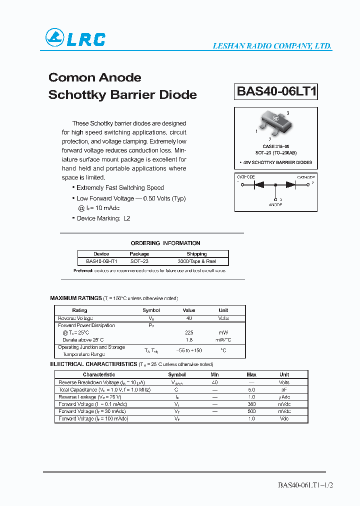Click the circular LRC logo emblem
coord(54,38)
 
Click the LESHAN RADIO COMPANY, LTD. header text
coord(272,46)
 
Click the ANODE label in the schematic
coord(275,205)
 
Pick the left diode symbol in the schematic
coord(259,184)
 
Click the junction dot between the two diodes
coord(275,184)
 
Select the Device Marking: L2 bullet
coord(102,218)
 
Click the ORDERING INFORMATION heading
coord(165,243)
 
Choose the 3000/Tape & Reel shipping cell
coord(196,261)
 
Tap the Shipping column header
coord(196,254)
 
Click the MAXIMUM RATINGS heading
coord(76,298)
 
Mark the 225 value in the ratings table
coord(189,332)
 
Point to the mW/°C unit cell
coord(223,339)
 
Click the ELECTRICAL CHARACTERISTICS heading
coord(93,364)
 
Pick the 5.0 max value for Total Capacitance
coord(251,389)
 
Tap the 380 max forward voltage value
coord(251,404)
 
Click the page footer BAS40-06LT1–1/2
coord(304,485)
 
